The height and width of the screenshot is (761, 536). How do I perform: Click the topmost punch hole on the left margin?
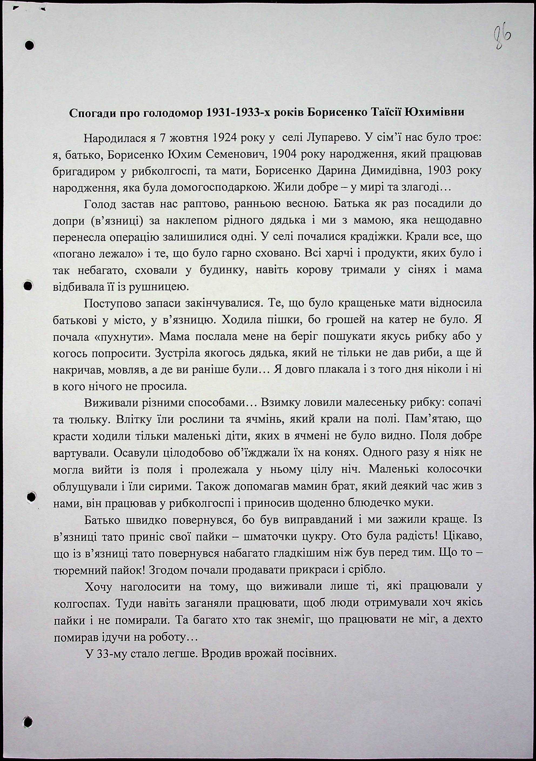pos(29,45)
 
